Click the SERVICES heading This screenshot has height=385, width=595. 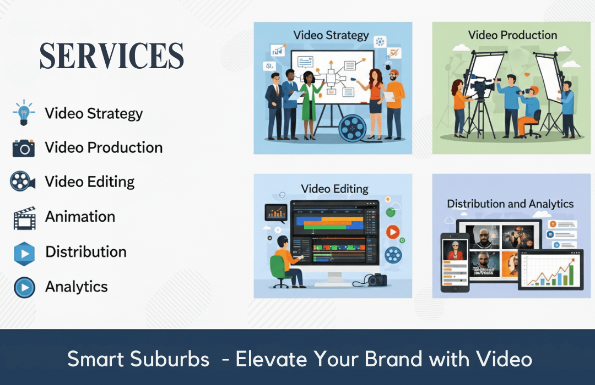pyautogui.click(x=111, y=56)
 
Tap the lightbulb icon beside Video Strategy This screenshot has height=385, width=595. pyautogui.click(x=24, y=113)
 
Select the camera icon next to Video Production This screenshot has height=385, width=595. pyautogui.click(x=24, y=148)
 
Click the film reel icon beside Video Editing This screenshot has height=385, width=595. pyautogui.click(x=23, y=181)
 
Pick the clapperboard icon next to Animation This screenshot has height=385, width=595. pyautogui.click(x=25, y=218)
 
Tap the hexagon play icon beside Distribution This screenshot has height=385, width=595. pyautogui.click(x=24, y=254)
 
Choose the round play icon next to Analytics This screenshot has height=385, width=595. pyautogui.click(x=25, y=287)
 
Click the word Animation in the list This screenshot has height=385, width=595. pyautogui.click(x=80, y=216)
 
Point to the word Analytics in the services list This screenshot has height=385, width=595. pyautogui.click(x=76, y=287)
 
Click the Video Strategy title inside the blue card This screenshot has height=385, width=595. pyautogui.click(x=331, y=35)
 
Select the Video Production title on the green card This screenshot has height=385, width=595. pyautogui.click(x=512, y=35)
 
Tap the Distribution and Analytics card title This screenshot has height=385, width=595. pyautogui.click(x=510, y=204)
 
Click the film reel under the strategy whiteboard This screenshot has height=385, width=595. pyautogui.click(x=353, y=129)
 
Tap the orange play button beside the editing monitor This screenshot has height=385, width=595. pyautogui.click(x=393, y=232)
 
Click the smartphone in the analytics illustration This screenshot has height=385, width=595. pyautogui.click(x=455, y=262)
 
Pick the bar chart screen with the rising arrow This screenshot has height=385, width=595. pyautogui.click(x=550, y=269)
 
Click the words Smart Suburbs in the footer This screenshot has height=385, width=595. pyautogui.click(x=138, y=359)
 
